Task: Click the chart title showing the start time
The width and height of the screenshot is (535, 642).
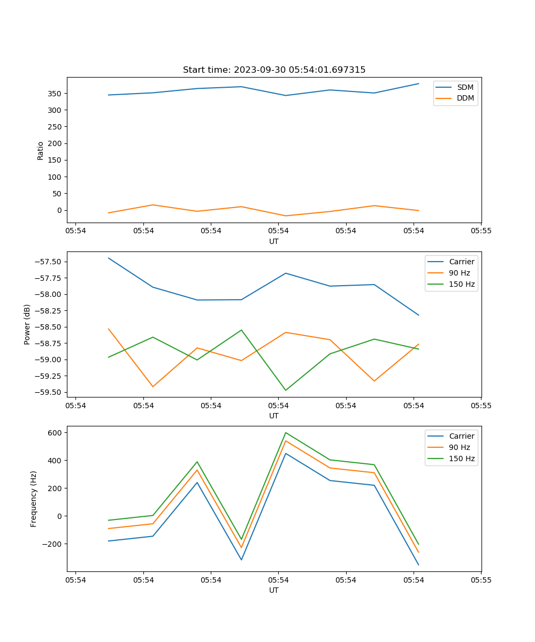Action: [x=274, y=70]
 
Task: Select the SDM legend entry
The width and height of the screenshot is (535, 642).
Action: [x=465, y=87]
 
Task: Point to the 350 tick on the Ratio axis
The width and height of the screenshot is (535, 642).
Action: [x=55, y=94]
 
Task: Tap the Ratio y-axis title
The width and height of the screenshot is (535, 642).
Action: [x=41, y=150]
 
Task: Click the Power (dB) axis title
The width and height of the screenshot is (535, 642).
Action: [x=27, y=324]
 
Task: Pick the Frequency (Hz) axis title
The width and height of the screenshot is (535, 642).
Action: [x=34, y=499]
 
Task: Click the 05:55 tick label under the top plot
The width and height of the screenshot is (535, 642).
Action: [x=481, y=231]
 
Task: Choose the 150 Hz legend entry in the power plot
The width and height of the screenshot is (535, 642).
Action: [x=462, y=285]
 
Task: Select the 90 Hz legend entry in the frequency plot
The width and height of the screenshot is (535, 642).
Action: [x=460, y=447]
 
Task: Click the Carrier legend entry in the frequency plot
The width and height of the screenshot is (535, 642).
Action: [x=462, y=436]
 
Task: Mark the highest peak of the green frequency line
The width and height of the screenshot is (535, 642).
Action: [x=286, y=432]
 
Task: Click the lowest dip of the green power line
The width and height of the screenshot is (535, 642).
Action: [x=286, y=390]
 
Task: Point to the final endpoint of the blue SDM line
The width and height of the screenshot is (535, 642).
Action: [x=418, y=83]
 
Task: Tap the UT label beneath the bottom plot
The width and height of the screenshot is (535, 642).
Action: [x=274, y=590]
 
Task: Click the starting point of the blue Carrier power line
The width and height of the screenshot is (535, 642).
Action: [x=109, y=258]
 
